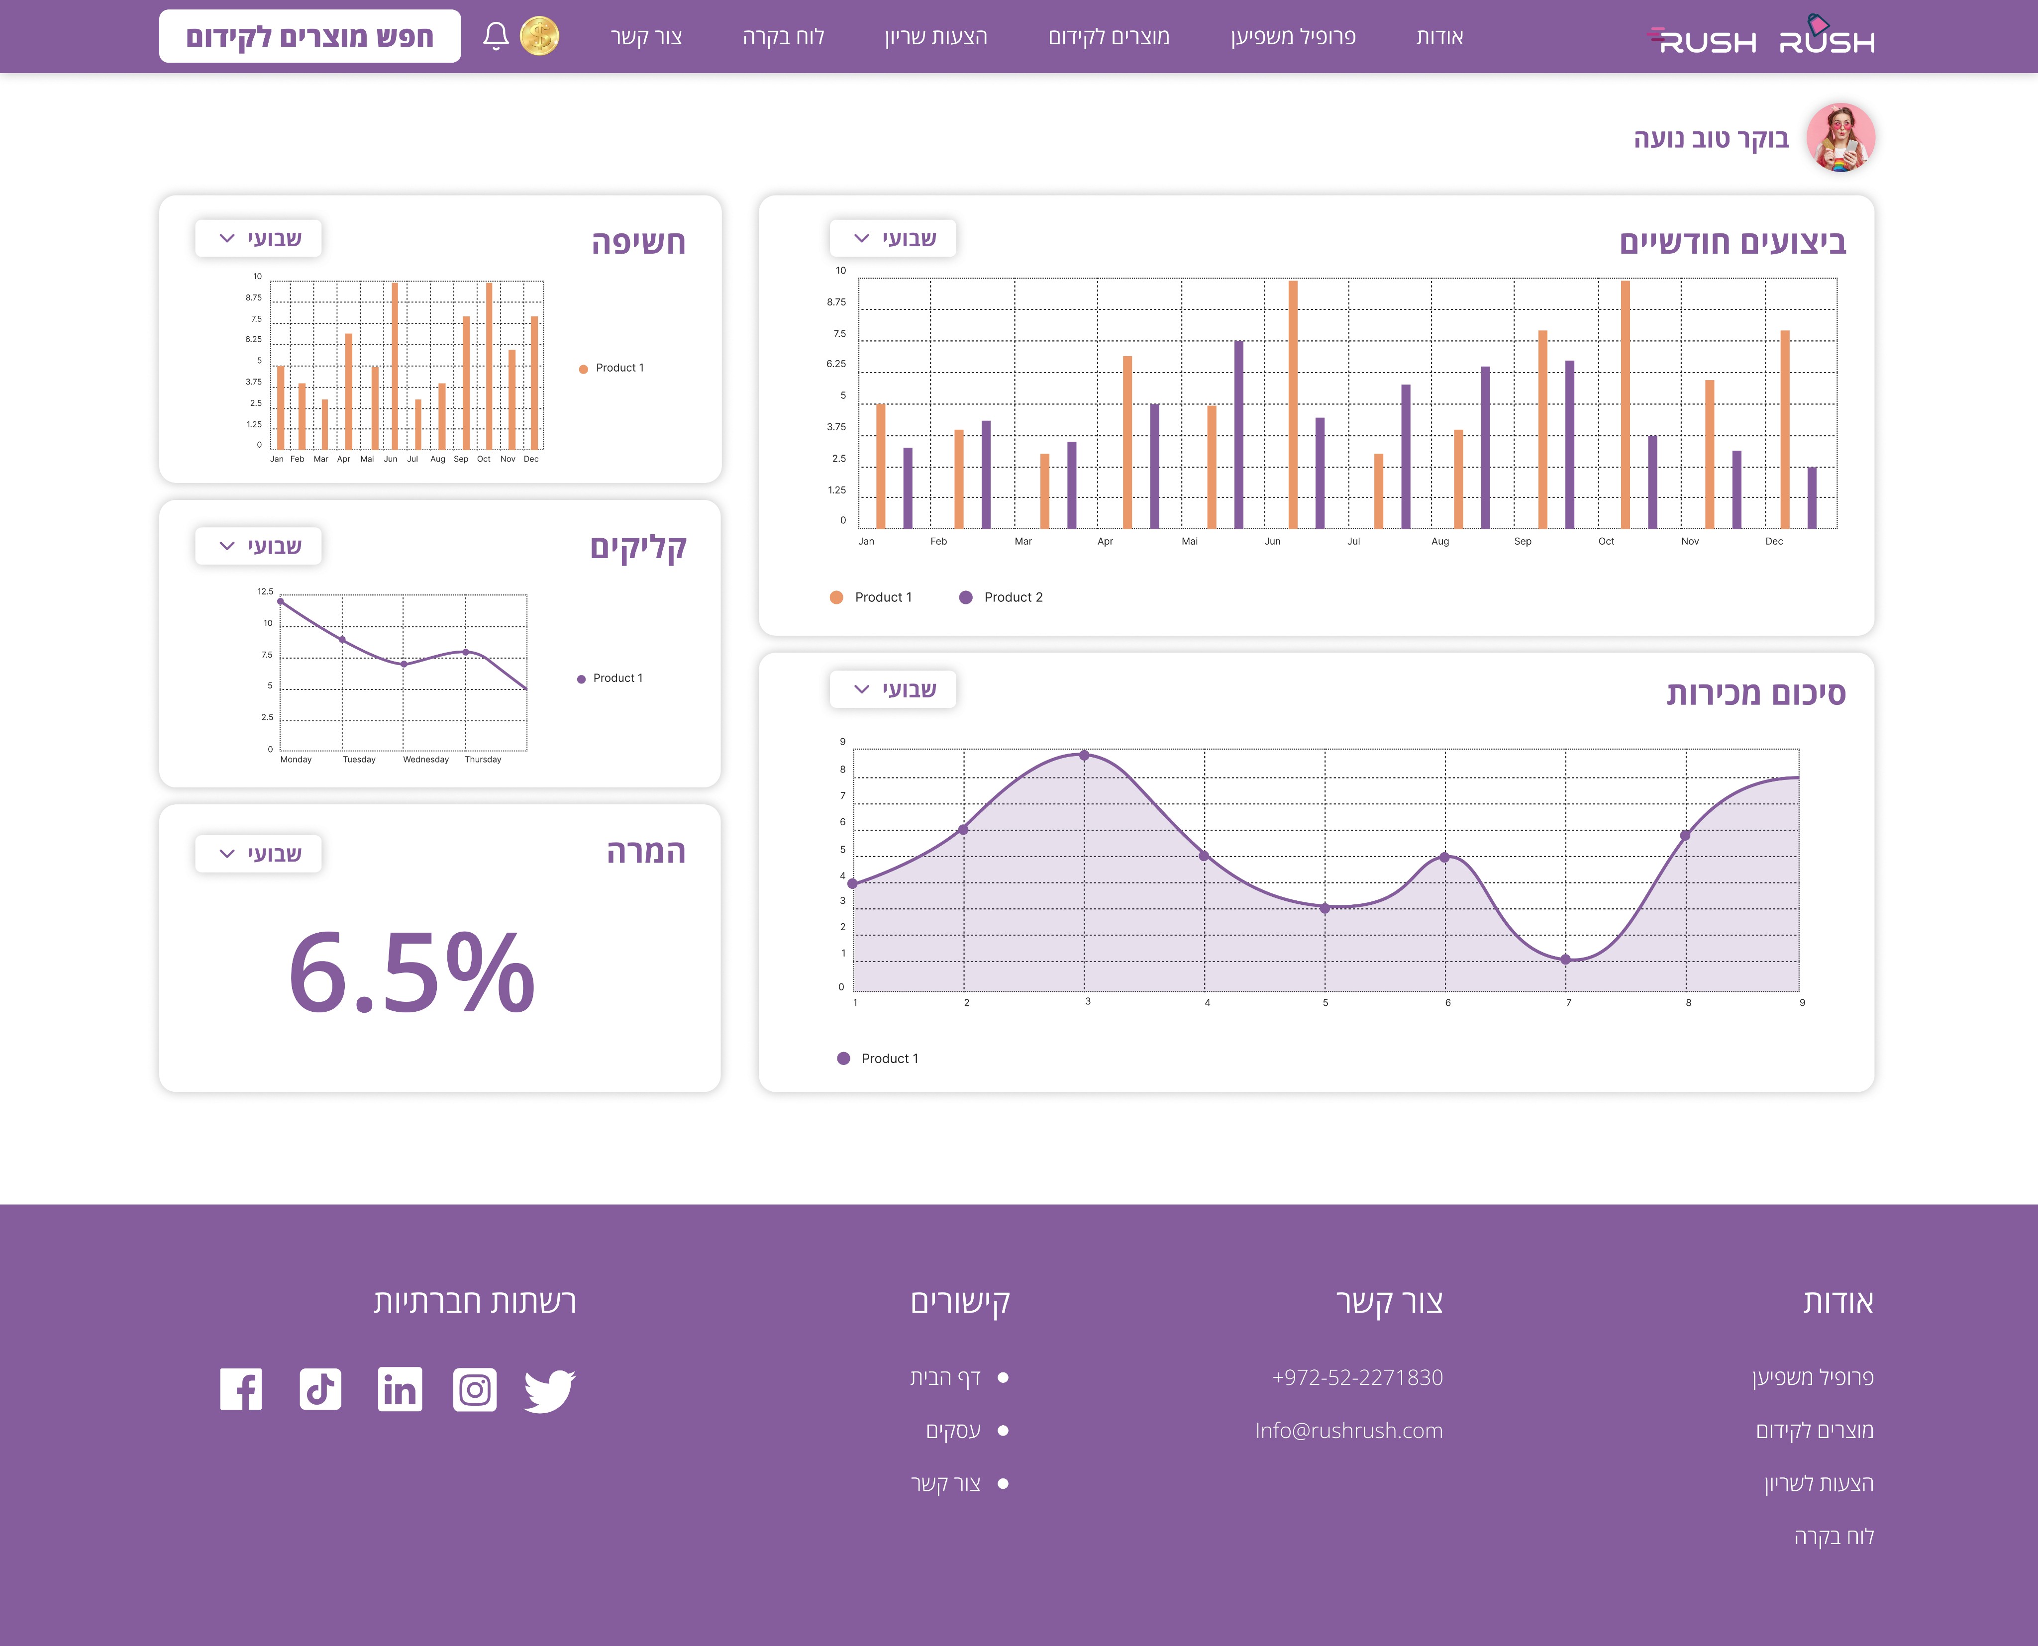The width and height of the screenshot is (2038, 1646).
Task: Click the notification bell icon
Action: click(x=495, y=36)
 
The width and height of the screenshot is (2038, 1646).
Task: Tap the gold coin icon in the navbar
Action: click(x=540, y=36)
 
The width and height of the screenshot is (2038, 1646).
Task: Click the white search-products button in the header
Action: click(x=310, y=36)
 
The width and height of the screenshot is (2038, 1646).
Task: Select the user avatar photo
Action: click(x=1841, y=137)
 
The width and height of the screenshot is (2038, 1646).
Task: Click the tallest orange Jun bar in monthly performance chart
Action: click(x=1293, y=404)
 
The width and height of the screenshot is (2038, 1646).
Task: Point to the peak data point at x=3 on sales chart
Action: click(x=1084, y=756)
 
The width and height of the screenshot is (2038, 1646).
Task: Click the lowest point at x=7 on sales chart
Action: click(x=1566, y=960)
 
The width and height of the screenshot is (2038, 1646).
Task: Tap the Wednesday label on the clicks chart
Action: click(x=426, y=760)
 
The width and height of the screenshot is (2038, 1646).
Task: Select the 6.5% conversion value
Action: click(x=411, y=972)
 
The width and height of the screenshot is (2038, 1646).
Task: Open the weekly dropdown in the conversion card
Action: click(x=258, y=853)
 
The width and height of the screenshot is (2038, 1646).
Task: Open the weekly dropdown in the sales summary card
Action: click(x=893, y=689)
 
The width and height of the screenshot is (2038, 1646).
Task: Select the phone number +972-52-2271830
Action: click(x=1357, y=1378)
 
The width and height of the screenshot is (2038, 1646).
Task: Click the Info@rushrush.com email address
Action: click(x=1348, y=1431)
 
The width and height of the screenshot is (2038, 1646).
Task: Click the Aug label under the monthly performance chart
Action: click(x=1439, y=541)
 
